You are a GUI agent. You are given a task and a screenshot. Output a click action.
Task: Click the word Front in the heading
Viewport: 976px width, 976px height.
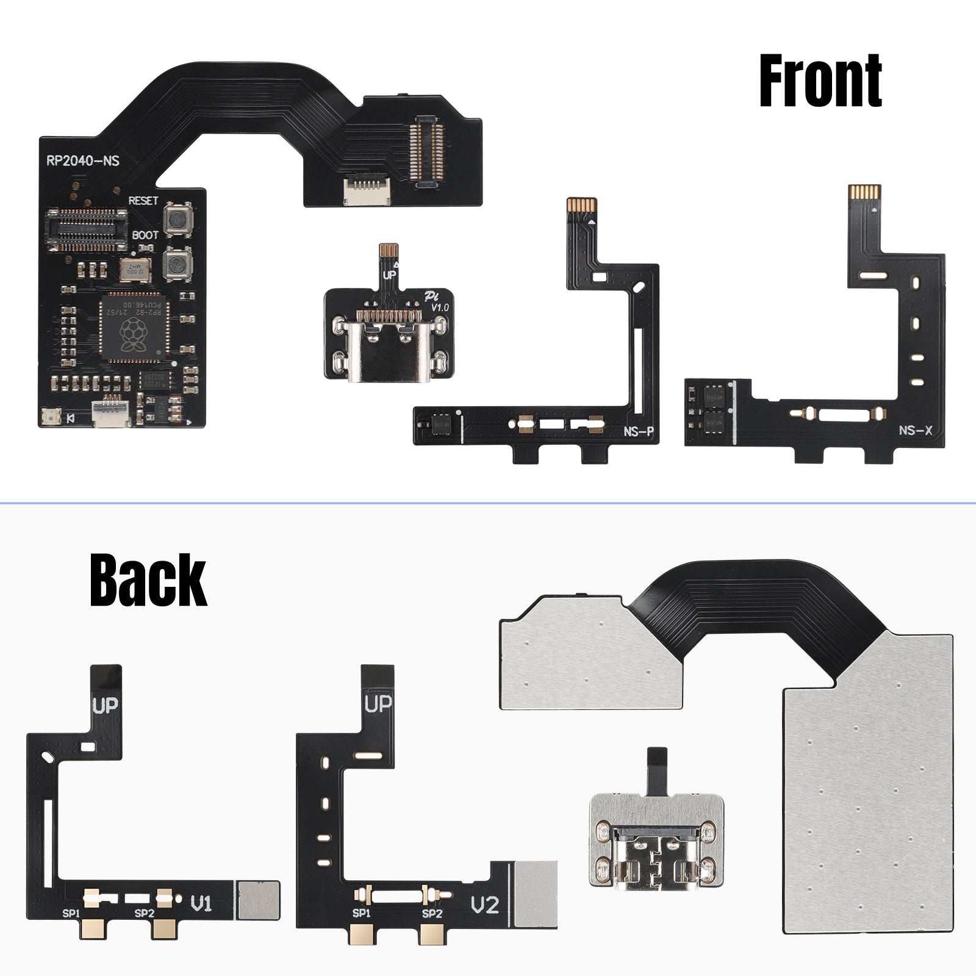[820, 81]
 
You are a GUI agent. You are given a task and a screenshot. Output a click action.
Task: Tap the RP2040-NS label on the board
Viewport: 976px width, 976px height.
[83, 161]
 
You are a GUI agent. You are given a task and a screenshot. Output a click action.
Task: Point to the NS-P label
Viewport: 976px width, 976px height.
[639, 432]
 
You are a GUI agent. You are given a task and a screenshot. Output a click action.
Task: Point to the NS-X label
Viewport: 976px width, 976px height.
[915, 430]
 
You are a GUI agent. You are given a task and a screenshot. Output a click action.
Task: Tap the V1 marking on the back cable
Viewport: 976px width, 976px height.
[201, 903]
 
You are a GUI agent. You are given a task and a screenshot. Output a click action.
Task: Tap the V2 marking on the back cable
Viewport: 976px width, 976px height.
[485, 905]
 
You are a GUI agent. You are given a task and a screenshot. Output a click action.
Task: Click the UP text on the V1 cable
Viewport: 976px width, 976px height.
[105, 706]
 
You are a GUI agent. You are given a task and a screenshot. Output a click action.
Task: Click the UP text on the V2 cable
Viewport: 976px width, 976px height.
[378, 705]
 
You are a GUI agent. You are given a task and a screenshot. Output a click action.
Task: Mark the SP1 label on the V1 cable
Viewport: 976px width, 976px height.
[71, 913]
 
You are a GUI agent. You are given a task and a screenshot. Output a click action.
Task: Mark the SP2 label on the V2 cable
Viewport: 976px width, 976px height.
[432, 913]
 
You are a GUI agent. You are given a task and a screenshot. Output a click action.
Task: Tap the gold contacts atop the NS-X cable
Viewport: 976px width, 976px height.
[865, 192]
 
